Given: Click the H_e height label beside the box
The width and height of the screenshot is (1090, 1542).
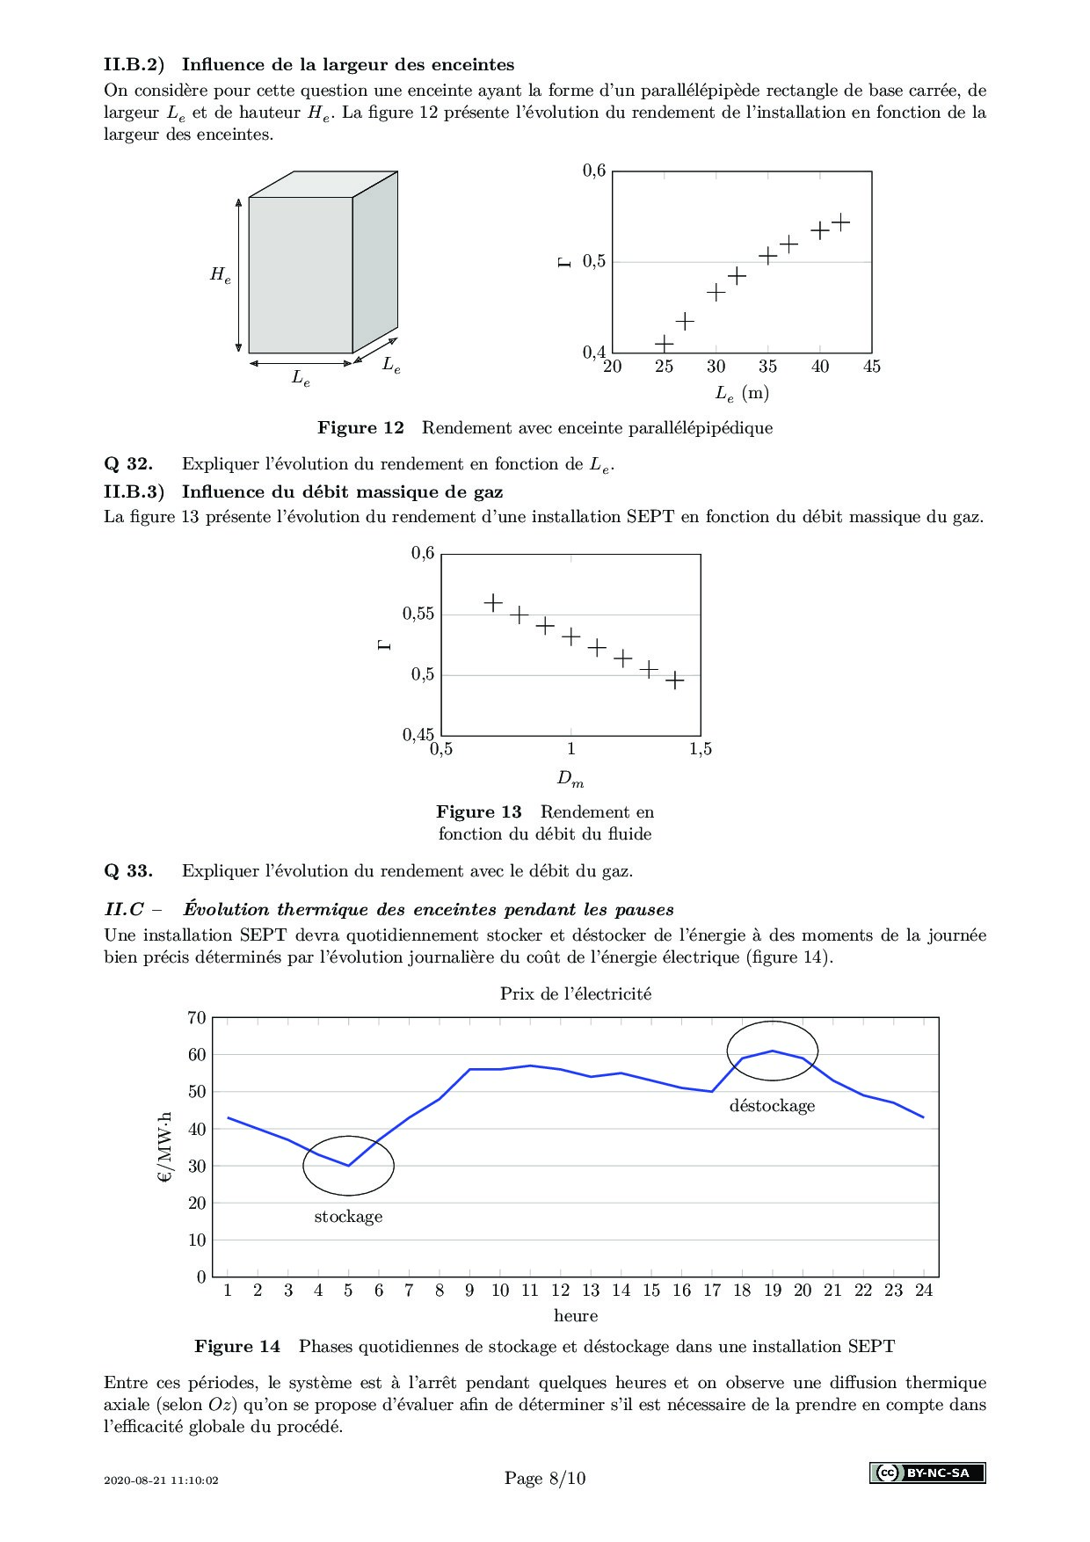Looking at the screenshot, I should coord(220,274).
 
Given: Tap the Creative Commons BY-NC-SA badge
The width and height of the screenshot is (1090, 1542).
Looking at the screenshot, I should coord(927,1473).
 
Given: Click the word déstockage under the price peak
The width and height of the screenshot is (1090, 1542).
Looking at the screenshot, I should coord(772,1106).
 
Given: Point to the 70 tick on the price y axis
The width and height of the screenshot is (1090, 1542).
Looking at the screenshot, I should coord(197,1018).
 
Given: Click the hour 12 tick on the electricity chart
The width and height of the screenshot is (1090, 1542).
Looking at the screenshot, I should coord(560,1291).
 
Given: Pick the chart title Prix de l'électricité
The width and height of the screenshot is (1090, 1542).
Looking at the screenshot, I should coord(576,993).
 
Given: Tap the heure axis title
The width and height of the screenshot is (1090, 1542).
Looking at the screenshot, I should coord(576,1316).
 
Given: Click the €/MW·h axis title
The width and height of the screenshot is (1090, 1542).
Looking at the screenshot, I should coord(165,1147).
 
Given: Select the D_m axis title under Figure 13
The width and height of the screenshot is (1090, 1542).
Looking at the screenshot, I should coord(570,779).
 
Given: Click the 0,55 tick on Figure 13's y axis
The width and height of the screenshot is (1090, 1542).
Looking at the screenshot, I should coord(418,614).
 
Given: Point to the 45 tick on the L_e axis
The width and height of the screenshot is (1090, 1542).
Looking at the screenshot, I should coord(871,367).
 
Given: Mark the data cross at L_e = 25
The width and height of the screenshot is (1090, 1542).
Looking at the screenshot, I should coord(664,343).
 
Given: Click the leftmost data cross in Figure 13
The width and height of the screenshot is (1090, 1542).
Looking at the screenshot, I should coord(493,602).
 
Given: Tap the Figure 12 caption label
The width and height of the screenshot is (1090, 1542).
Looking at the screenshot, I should coord(360,428).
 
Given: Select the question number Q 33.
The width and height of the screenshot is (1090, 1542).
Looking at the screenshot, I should coord(128,871).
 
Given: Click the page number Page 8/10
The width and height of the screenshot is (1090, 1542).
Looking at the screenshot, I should coord(545,1478).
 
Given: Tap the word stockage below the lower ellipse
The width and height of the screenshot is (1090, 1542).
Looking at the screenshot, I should coord(348,1217).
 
